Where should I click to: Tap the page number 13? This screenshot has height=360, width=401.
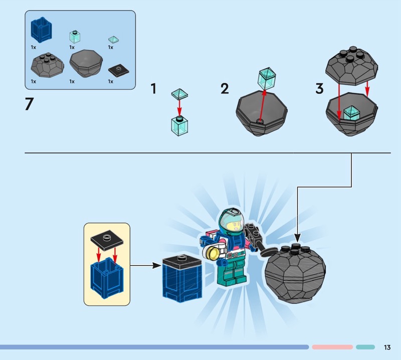[387, 347]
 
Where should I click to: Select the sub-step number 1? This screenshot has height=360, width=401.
[154, 89]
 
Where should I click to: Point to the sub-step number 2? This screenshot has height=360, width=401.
[225, 89]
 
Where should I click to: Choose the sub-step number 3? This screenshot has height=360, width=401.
[319, 89]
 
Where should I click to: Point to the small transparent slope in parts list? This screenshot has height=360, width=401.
[114, 38]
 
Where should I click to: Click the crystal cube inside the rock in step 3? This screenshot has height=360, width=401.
[353, 113]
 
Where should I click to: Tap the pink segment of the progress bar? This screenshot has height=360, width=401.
[332, 347]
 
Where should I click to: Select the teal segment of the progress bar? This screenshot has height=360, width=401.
[365, 347]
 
